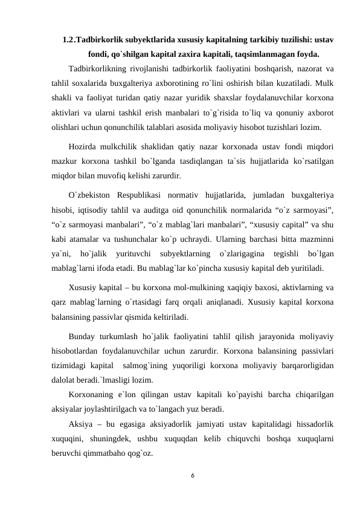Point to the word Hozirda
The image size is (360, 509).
coord(84,146)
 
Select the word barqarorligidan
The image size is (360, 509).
coord(307,366)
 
